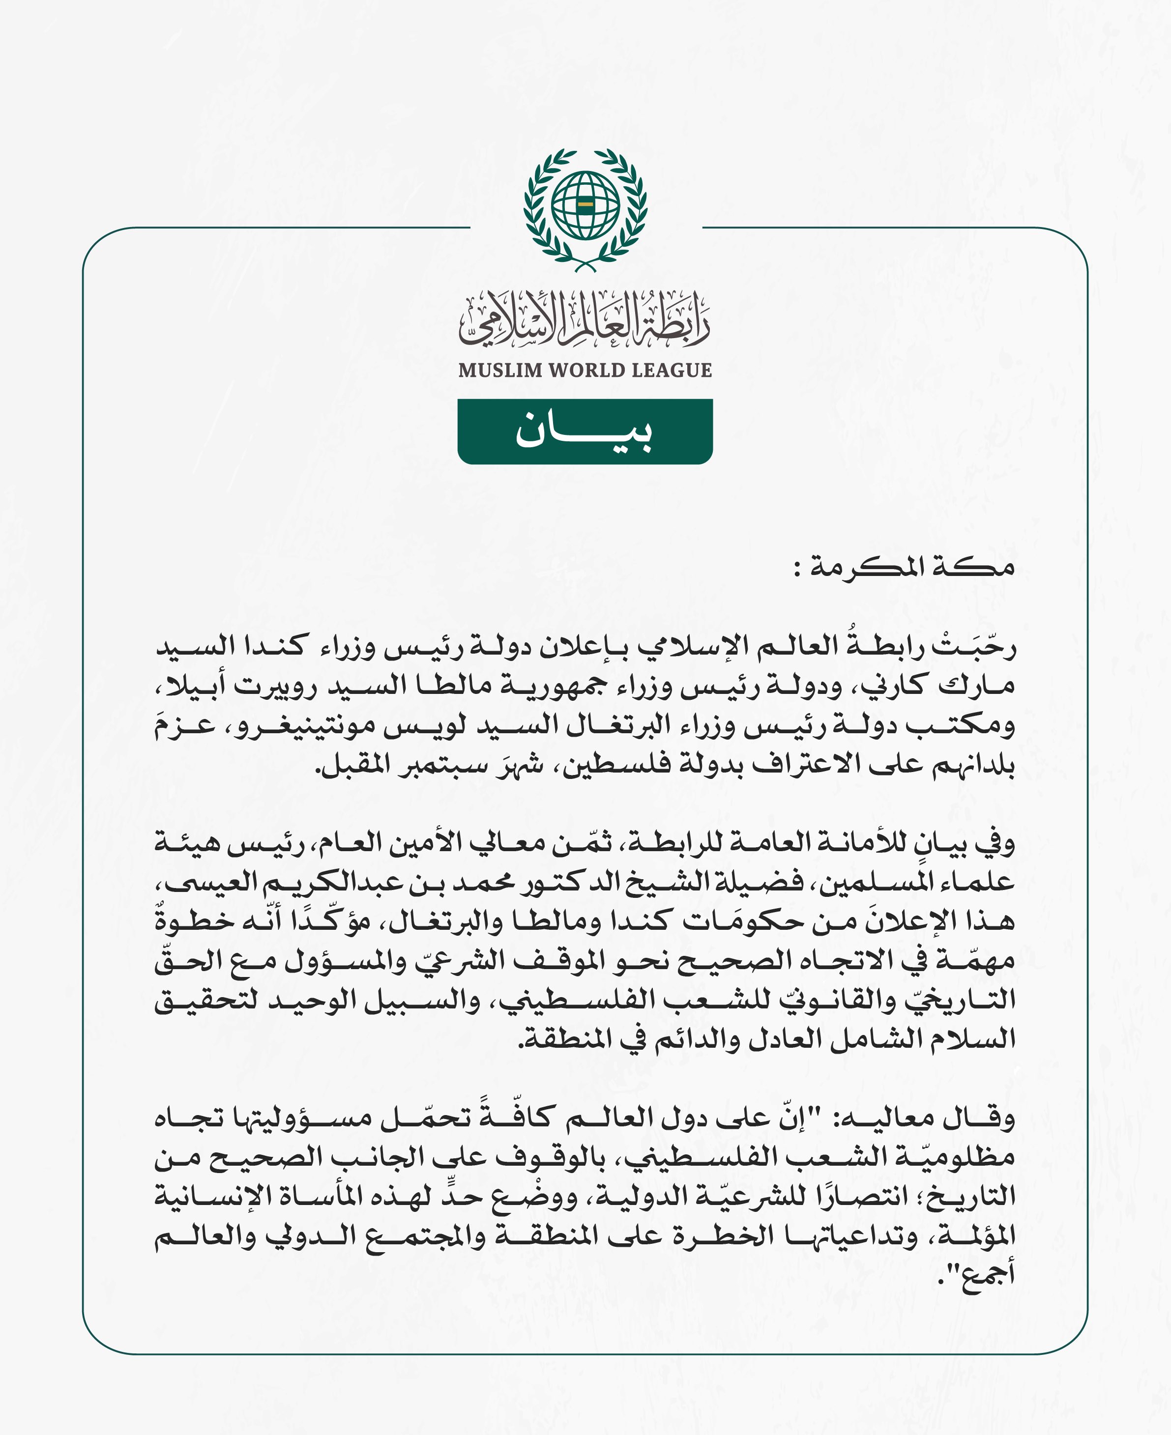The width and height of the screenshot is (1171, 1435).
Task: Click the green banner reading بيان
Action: click(x=585, y=431)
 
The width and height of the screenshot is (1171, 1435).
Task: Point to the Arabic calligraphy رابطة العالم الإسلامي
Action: click(x=585, y=320)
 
